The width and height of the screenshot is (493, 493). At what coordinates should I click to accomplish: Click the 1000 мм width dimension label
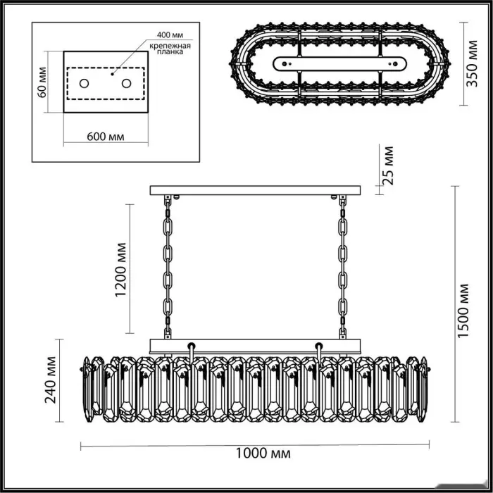point(263,454)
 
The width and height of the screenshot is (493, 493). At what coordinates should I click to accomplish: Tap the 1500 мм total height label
point(463,311)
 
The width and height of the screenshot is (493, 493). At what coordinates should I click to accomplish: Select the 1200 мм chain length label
point(120,270)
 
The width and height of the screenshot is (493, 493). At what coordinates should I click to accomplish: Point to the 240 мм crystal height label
point(51,380)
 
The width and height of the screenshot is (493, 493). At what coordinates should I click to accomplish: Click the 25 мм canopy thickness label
point(387,166)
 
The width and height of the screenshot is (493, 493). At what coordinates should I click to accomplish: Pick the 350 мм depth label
point(472,63)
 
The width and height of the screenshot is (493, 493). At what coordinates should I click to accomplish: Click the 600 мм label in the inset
point(106,137)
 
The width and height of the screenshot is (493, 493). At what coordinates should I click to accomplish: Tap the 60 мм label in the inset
point(42,82)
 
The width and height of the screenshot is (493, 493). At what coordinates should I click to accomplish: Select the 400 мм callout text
point(170,35)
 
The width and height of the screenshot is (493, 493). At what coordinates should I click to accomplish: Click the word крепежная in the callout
point(170,46)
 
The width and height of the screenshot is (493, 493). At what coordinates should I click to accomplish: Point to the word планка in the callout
point(170,52)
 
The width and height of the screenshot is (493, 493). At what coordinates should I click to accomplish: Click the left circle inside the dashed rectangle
point(84,84)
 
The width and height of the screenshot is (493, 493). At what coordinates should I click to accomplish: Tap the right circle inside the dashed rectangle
point(126,84)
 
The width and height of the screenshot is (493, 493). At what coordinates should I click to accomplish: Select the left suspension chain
point(168,267)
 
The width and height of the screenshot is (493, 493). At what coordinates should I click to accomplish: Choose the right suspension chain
point(342,267)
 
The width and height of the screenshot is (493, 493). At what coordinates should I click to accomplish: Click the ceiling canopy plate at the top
point(255,190)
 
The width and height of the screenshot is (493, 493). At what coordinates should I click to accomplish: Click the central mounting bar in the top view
point(339,64)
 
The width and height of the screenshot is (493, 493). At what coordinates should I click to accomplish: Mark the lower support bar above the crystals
point(255,346)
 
